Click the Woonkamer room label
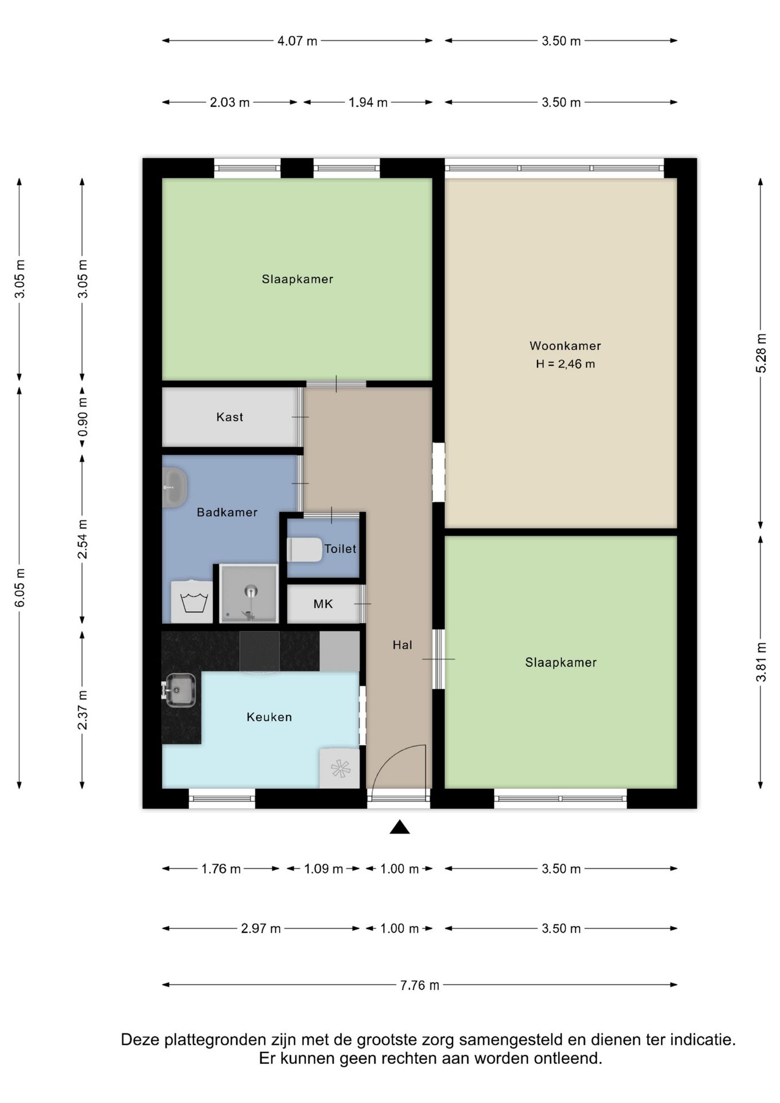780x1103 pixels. pyautogui.click(x=565, y=346)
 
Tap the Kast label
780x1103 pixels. pyautogui.click(x=230, y=417)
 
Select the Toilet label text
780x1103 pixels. pyautogui.click(x=340, y=549)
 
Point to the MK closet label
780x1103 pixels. pyautogui.click(x=323, y=604)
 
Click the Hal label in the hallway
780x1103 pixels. pyautogui.click(x=402, y=645)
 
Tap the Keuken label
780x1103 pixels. pyautogui.click(x=269, y=717)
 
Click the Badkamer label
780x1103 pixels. pyautogui.click(x=227, y=512)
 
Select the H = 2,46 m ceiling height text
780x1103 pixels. pyautogui.click(x=565, y=364)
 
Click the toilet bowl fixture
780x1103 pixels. pyautogui.click(x=304, y=550)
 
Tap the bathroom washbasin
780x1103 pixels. pyautogui.click(x=175, y=487)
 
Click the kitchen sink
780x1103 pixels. pyautogui.click(x=180, y=690)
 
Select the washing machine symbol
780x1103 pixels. pyautogui.click(x=192, y=602)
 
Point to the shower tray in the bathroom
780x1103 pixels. pyautogui.click(x=249, y=594)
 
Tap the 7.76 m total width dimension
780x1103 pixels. pyautogui.click(x=420, y=985)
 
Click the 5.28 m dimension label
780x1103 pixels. pyautogui.click(x=761, y=353)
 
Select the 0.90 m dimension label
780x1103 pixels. pyautogui.click(x=83, y=418)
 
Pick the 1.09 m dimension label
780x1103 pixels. pyautogui.click(x=323, y=869)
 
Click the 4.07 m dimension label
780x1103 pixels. pyautogui.click(x=298, y=41)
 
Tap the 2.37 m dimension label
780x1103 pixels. pyautogui.click(x=83, y=710)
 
